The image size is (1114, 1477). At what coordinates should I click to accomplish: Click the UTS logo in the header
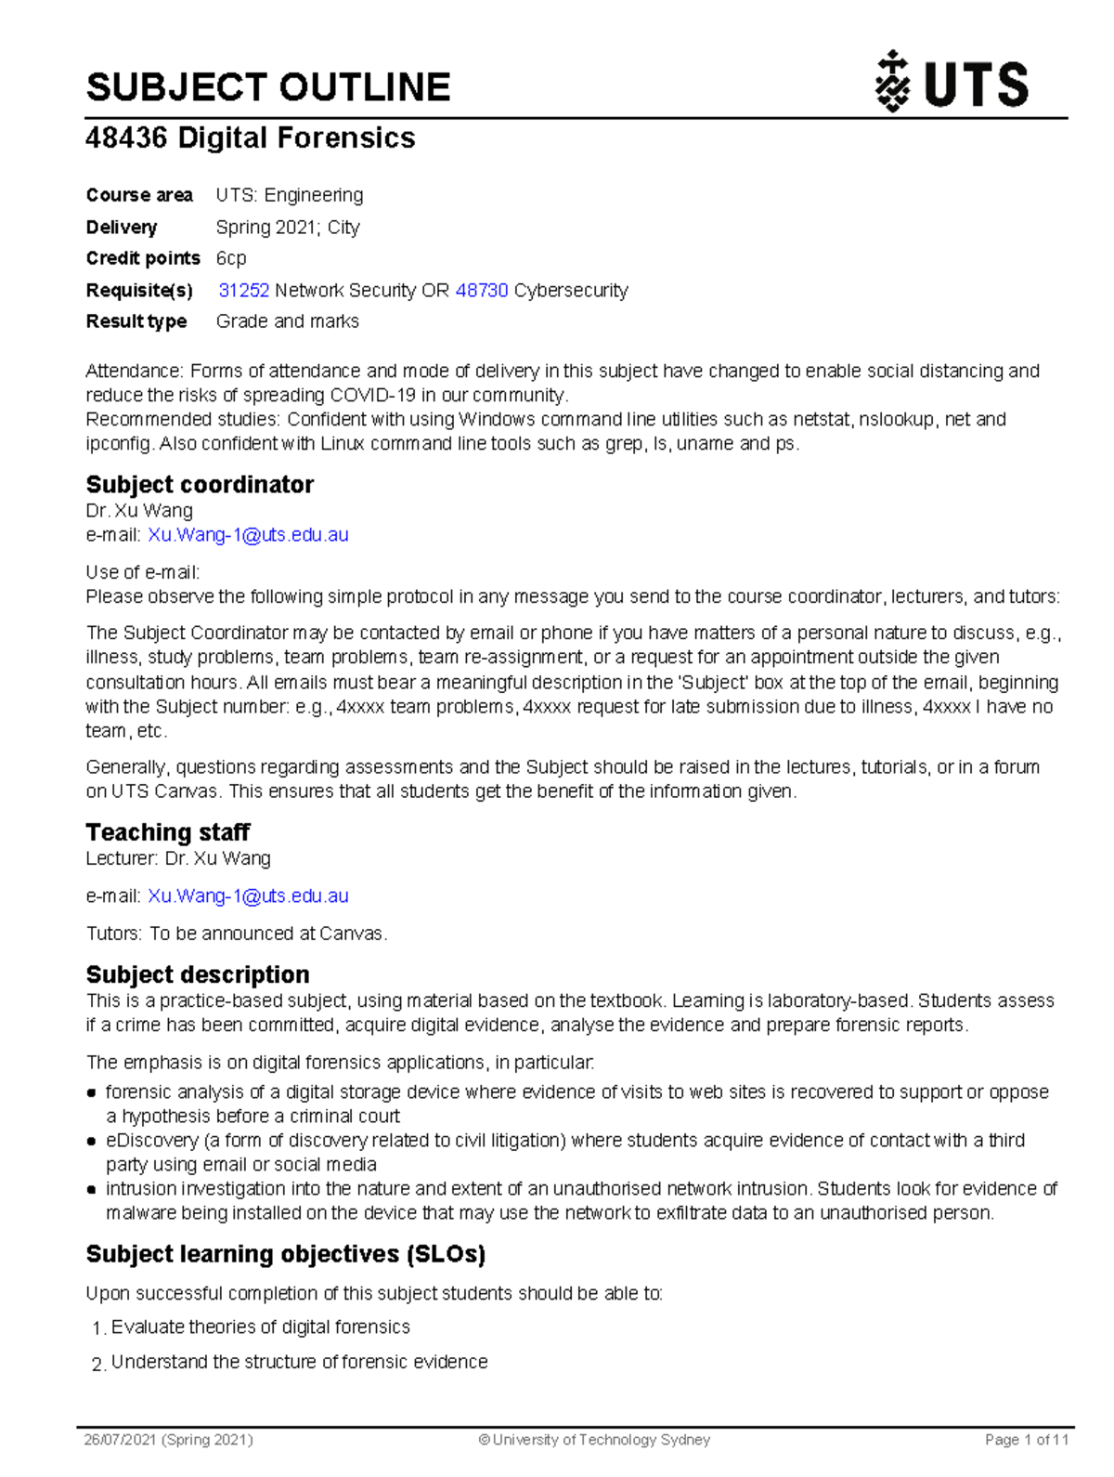click(x=952, y=83)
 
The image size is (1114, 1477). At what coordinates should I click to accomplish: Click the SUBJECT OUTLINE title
click(x=268, y=87)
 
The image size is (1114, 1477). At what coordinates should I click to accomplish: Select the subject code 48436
click(x=126, y=138)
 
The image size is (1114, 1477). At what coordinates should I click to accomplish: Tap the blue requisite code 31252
click(x=244, y=291)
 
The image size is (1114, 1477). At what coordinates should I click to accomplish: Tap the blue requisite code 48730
click(x=482, y=291)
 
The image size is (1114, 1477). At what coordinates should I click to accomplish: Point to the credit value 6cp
click(x=231, y=258)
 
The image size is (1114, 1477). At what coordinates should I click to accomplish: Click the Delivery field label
click(x=122, y=228)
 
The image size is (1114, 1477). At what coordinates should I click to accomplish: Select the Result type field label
click(x=136, y=321)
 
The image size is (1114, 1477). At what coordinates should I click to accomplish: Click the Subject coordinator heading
click(x=200, y=485)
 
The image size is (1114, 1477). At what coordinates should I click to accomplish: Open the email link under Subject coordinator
click(x=248, y=535)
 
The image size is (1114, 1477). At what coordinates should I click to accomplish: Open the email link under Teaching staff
click(x=248, y=896)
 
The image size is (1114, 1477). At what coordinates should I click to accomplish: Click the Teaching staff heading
click(x=168, y=832)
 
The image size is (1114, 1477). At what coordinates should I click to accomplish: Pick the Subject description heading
click(x=198, y=974)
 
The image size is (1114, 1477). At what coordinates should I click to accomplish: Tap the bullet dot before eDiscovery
click(x=92, y=1141)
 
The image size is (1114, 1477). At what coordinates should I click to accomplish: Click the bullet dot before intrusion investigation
click(x=92, y=1189)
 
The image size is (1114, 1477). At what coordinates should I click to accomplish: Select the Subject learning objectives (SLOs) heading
click(x=286, y=1254)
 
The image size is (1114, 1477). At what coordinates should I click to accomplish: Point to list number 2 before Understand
click(x=97, y=1364)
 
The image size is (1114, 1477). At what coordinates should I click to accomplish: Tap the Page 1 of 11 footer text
click(x=1027, y=1440)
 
